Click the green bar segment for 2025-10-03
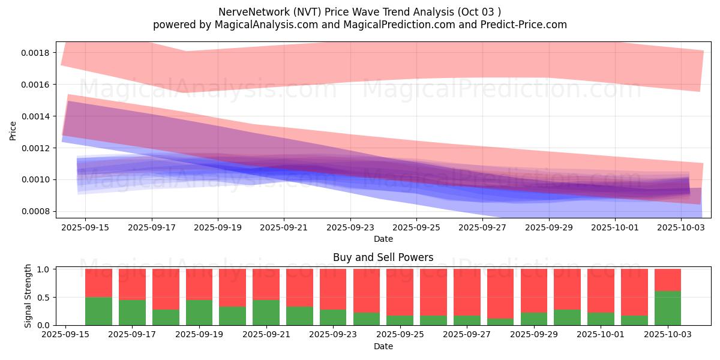pyautogui.click(x=668, y=308)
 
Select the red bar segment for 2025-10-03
pyautogui.click(x=668, y=280)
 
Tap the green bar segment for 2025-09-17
pyautogui.click(x=132, y=312)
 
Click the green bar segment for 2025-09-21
pyautogui.click(x=266, y=312)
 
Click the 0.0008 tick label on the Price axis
pyautogui.click(x=35, y=211)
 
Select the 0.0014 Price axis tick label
pyautogui.click(x=35, y=116)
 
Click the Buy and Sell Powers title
pyautogui.click(x=383, y=257)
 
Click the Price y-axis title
pyautogui.click(x=13, y=130)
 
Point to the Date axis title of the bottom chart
pyautogui.click(x=383, y=346)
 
